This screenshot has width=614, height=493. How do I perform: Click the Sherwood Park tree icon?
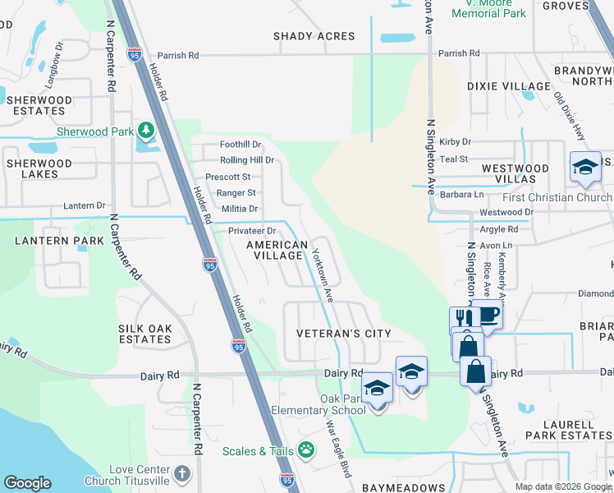(x=146, y=131)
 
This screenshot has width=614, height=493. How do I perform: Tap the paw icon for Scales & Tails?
(x=306, y=450)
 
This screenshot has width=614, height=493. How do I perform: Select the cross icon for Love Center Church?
(x=181, y=474)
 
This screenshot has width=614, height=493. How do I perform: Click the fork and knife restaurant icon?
(x=460, y=318)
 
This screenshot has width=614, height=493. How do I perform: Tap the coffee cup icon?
(x=488, y=313)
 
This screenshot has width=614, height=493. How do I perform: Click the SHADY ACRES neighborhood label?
(x=314, y=36)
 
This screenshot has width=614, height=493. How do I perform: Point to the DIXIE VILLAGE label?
(x=508, y=86)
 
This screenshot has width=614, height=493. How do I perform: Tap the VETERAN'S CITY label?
(x=344, y=334)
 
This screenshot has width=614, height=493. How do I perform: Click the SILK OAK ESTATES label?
(x=145, y=334)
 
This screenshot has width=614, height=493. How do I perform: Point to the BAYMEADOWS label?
(x=406, y=487)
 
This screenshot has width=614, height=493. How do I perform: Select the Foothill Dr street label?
(x=240, y=144)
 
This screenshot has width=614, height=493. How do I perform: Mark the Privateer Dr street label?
(x=252, y=231)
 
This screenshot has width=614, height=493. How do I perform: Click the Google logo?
(x=28, y=483)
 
